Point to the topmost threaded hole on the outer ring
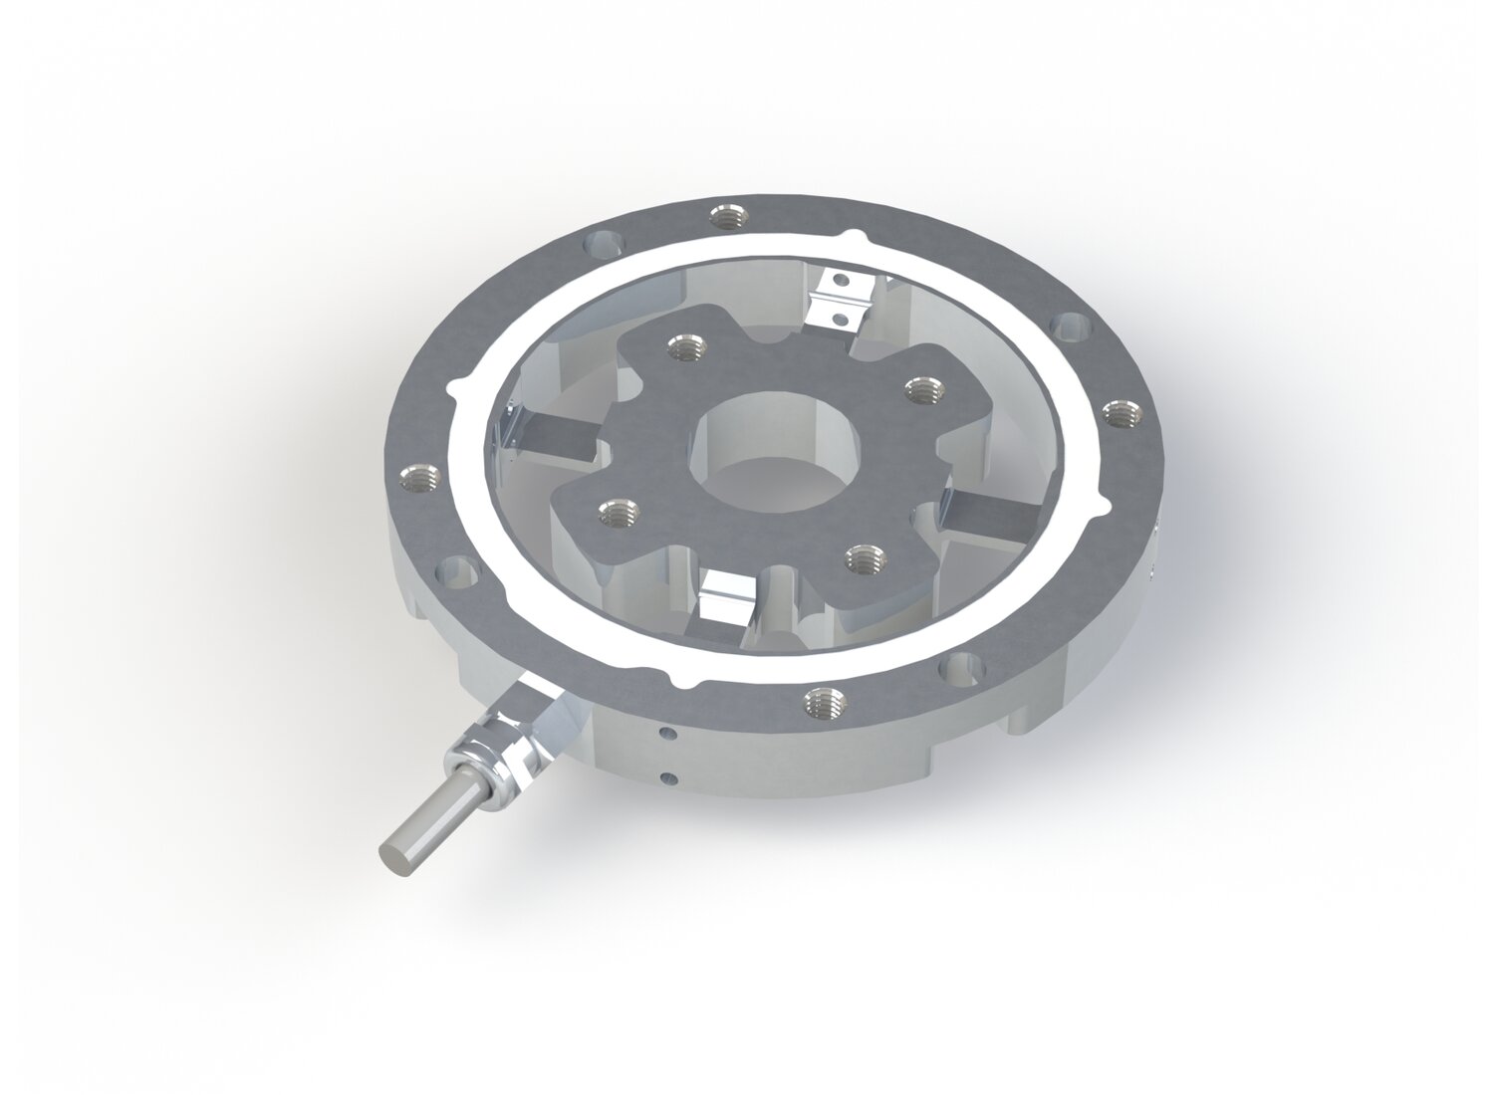(x=724, y=213)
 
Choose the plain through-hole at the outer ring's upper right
(x=1071, y=326)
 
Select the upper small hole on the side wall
(x=669, y=737)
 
